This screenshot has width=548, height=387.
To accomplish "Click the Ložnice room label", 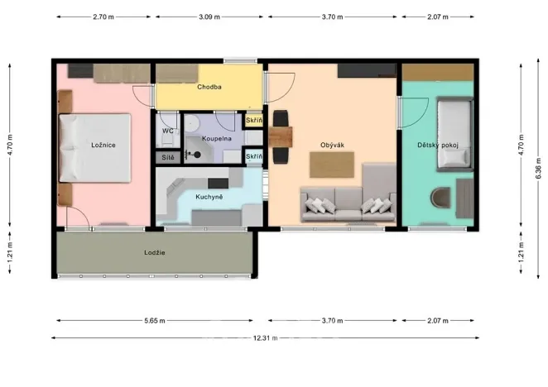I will coord(103,146).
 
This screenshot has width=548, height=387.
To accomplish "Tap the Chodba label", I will coord(208,87).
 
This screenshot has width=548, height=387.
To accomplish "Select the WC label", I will coord(167,131).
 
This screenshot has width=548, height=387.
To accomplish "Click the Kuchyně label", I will coord(208,197).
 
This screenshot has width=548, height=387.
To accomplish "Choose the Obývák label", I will coord(332,146).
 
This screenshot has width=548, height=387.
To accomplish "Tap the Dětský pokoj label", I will coord(438,146).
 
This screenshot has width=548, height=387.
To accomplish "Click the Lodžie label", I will coord(154,251).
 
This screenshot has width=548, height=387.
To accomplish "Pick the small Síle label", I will coord(167,155).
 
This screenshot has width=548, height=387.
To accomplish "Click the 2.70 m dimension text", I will coord(103,17).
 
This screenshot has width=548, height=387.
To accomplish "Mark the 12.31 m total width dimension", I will coord(266,338).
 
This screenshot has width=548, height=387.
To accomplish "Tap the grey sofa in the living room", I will coord(348,203).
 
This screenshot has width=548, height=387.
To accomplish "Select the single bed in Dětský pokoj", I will coord(454,132).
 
